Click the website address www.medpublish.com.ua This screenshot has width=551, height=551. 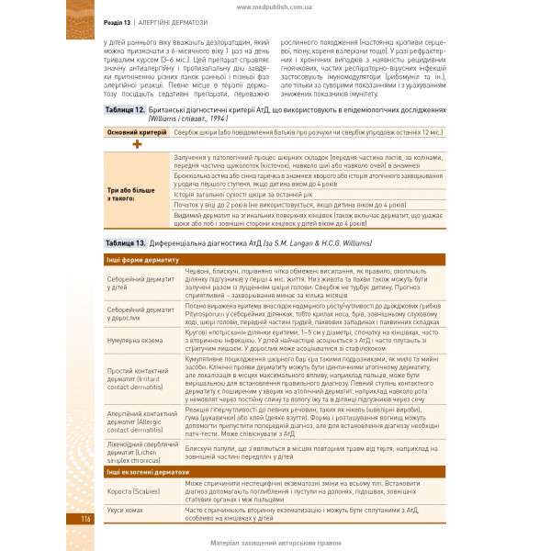275,6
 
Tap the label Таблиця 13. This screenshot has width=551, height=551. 125,242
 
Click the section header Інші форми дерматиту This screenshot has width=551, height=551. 137,261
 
